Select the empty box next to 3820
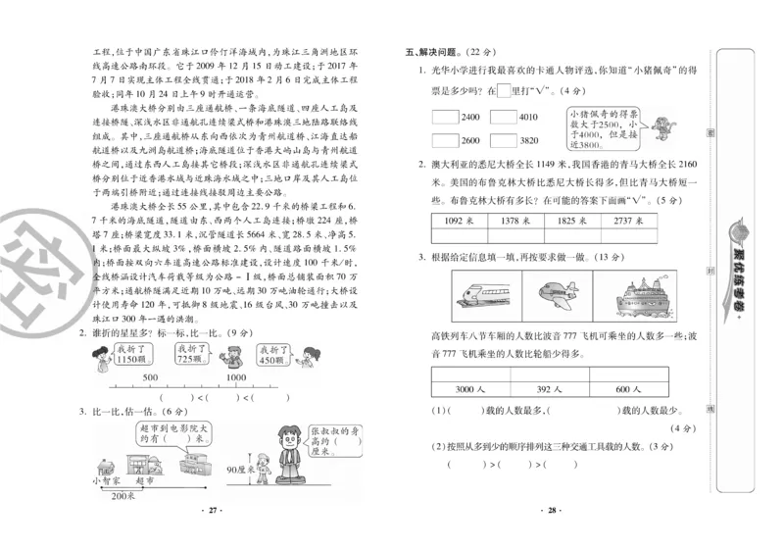pyautogui.click(x=503, y=139)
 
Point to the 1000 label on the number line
pyautogui.click(x=236, y=378)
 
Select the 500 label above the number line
pyautogui.click(x=151, y=378)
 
